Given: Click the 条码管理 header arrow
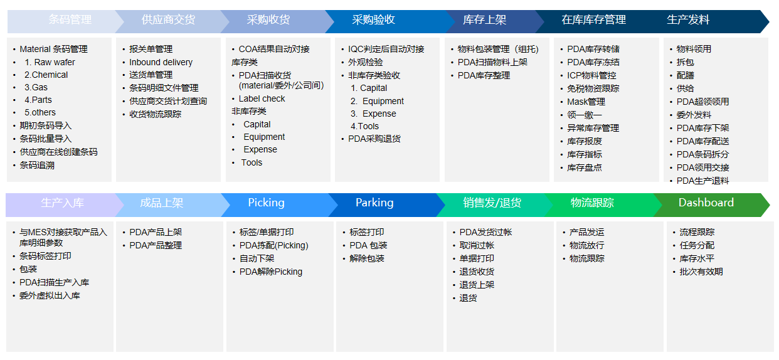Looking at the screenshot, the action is click(x=66, y=21).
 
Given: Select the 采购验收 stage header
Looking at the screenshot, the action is click(x=386, y=21).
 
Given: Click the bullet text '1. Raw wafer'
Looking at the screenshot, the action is click(x=50, y=62).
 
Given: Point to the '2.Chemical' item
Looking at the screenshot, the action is click(x=46, y=75).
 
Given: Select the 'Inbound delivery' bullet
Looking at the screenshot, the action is click(x=161, y=62).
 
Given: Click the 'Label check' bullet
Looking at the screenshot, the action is click(x=262, y=99).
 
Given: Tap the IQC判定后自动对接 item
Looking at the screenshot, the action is click(x=386, y=49).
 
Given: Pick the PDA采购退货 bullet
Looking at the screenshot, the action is click(x=374, y=139).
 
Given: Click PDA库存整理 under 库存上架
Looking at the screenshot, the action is click(x=484, y=75).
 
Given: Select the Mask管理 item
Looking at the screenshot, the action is click(x=586, y=102).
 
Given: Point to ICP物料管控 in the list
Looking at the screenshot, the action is click(x=591, y=75).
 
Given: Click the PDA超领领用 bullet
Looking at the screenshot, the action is click(x=702, y=102).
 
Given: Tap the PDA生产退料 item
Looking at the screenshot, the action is click(x=702, y=181).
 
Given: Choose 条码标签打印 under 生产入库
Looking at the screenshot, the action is click(x=45, y=257).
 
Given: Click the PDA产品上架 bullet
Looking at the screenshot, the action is click(x=156, y=232).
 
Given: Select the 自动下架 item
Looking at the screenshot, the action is click(x=257, y=259).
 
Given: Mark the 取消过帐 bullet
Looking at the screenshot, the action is click(x=477, y=246).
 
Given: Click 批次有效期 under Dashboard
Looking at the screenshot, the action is click(x=701, y=272).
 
